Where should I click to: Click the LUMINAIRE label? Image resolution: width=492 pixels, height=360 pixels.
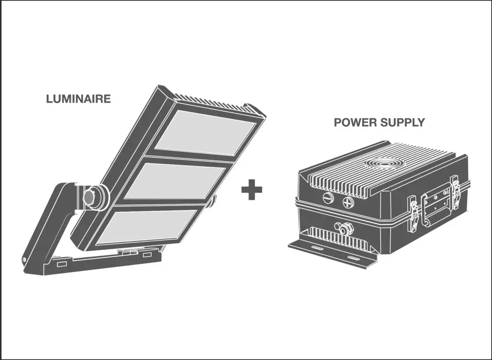point(78,98)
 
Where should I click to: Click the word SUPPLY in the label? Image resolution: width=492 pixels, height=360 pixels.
point(402,122)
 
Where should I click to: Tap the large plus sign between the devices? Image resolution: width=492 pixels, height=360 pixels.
point(252,190)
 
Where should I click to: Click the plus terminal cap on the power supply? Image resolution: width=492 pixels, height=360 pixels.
point(348,202)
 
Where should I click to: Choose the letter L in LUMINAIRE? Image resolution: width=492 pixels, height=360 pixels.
point(49,98)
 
